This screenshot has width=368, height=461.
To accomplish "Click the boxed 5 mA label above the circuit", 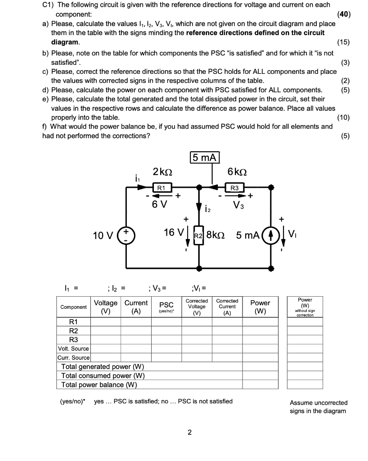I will pyautogui.click(x=205, y=158).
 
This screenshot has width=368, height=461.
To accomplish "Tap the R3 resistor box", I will pyautogui.click(x=234, y=186).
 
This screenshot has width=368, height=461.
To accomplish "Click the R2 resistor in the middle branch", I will pyautogui.click(x=198, y=235).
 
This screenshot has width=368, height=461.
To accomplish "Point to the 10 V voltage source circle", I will pyautogui.click(x=126, y=235).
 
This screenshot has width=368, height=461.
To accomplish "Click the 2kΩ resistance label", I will pyautogui.click(x=162, y=172).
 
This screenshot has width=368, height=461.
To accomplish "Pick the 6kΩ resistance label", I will pyautogui.click(x=237, y=172).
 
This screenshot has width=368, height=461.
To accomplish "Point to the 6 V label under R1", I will pyautogui.click(x=159, y=204).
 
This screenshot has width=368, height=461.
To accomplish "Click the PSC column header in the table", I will pyautogui.click(x=166, y=306).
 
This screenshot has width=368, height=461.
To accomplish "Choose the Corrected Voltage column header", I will pyautogui.click(x=197, y=306).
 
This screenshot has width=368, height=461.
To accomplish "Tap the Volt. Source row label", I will pyautogui.click(x=73, y=348).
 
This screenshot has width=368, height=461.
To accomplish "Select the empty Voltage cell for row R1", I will pyautogui.click(x=105, y=321).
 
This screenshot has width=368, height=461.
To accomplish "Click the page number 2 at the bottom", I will pyautogui.click(x=189, y=433).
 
